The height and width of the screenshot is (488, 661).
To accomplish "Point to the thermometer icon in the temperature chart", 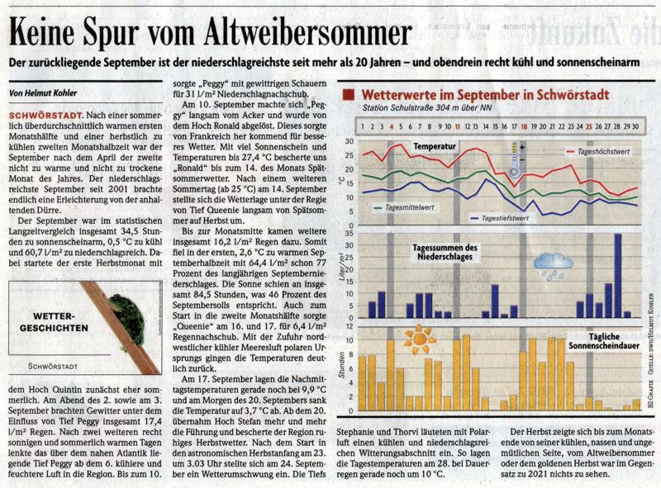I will (514, 159).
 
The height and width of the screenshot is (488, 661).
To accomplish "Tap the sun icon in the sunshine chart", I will (420, 338).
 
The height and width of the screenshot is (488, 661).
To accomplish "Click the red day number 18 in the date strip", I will (523, 126).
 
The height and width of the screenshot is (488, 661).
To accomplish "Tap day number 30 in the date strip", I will (636, 126).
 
